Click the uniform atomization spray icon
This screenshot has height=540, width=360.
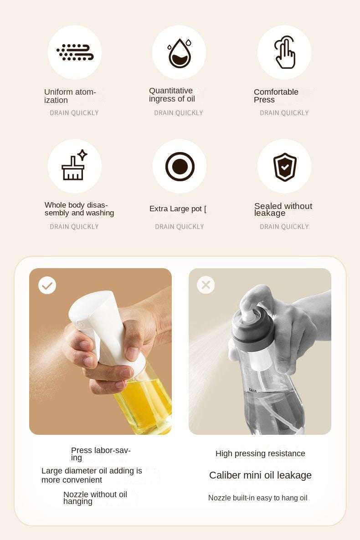(x=75, y=52)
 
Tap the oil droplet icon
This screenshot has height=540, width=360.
(x=179, y=53)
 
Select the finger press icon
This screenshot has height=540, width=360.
(x=284, y=53)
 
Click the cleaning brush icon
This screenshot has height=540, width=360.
(x=74, y=166)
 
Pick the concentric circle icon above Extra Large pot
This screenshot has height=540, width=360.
(x=180, y=166)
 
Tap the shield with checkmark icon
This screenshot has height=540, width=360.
(x=285, y=167)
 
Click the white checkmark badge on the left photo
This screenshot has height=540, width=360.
(x=47, y=285)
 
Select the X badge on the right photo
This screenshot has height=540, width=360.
(x=206, y=285)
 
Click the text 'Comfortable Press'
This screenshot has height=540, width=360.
(x=276, y=96)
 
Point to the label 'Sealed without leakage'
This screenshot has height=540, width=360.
(x=283, y=209)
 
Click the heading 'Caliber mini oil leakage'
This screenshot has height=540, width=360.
(x=260, y=475)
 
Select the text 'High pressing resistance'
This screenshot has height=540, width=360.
(x=260, y=453)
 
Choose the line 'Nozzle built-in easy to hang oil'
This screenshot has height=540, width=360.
(x=257, y=498)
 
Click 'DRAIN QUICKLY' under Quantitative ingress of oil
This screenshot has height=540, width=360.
(x=179, y=113)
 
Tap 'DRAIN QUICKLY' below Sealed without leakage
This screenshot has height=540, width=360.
(x=284, y=227)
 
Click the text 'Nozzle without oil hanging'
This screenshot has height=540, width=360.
(x=95, y=498)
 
